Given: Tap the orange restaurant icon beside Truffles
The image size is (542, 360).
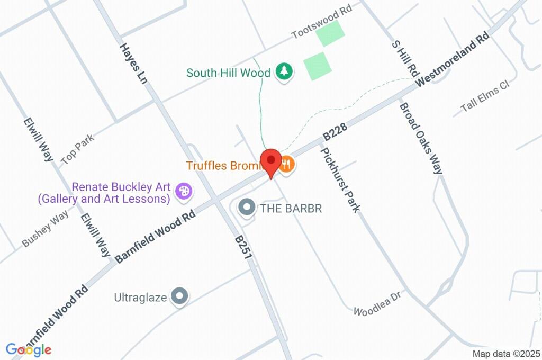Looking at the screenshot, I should (x=286, y=164).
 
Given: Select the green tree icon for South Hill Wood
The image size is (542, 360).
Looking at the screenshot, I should (x=284, y=72).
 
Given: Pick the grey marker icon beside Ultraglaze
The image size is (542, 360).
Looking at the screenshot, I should (x=180, y=297).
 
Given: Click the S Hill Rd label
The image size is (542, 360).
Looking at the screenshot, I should (x=405, y=58).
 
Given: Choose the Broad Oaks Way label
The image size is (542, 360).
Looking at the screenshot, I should (x=421, y=138).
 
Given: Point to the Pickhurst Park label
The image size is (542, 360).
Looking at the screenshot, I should (x=340, y=179).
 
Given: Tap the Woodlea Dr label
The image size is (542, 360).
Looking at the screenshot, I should (x=376, y=303).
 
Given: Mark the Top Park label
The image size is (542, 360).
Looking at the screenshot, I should (x=77, y=149).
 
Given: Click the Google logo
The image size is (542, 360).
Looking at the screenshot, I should (x=28, y=349).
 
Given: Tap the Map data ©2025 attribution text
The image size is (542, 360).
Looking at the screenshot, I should (x=506, y=354).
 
